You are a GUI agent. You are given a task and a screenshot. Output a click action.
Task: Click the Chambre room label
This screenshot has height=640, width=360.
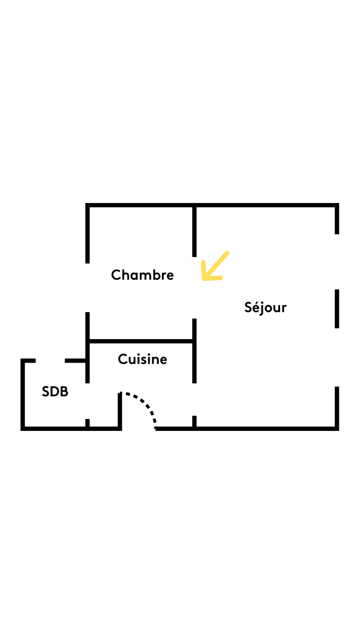[142, 275]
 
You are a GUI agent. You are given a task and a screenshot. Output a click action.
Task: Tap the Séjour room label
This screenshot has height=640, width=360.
[265, 307]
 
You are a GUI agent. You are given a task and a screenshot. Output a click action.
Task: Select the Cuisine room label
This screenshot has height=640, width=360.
[142, 359]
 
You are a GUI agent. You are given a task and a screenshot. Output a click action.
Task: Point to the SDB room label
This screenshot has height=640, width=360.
[55, 392]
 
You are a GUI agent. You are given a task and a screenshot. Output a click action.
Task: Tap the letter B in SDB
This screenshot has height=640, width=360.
[64, 392]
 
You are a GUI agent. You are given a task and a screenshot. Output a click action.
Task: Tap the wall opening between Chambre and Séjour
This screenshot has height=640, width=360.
[194, 288]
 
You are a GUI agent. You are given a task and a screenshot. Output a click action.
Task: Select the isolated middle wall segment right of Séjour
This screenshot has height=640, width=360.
[337, 309]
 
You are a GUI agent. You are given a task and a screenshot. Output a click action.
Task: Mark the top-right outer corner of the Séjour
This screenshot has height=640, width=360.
[337, 205]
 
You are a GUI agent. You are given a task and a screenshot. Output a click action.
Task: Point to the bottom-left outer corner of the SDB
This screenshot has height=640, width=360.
[23, 429]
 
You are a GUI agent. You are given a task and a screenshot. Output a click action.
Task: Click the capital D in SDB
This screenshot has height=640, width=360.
[55, 392]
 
